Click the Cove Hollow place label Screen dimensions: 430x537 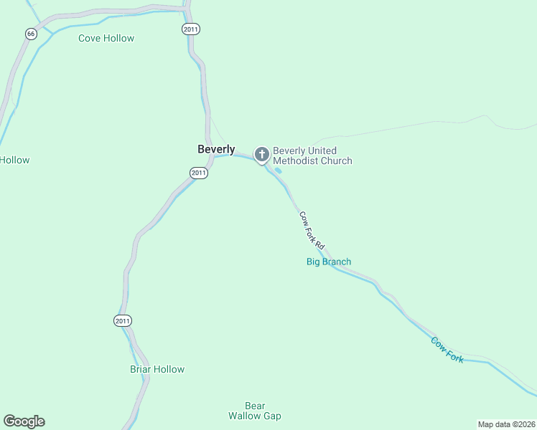tap(106, 38)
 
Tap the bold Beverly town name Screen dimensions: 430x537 tap(216, 149)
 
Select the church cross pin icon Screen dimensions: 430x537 tap(262, 154)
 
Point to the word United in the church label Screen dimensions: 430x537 tap(322, 150)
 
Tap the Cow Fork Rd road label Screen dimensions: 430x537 tap(312, 229)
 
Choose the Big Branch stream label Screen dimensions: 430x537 tap(329, 262)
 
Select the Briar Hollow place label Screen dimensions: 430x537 tap(157, 370)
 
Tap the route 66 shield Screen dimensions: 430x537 tap(30, 34)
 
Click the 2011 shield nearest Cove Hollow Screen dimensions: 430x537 tap(191, 29)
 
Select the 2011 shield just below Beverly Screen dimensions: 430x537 tap(199, 173)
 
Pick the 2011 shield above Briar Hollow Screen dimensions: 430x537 tap(123, 321)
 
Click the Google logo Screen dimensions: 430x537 tap(24, 421)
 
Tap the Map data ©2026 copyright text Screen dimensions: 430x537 tap(506, 424)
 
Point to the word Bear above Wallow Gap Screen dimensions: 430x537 tap(255, 405)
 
